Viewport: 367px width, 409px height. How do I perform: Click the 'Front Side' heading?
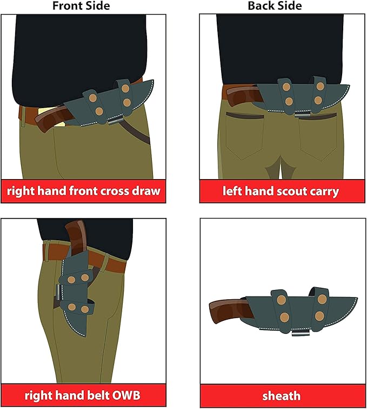point(81,6)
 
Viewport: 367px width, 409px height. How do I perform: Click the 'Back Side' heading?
point(275,6)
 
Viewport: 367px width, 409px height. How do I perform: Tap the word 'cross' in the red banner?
point(115,191)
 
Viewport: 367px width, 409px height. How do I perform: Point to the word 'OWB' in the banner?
point(126,395)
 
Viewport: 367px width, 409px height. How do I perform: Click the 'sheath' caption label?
point(281,396)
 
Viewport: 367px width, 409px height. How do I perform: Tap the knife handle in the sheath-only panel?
point(229,311)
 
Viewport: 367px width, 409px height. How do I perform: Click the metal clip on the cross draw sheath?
point(115,121)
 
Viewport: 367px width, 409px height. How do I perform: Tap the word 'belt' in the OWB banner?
point(98,395)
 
